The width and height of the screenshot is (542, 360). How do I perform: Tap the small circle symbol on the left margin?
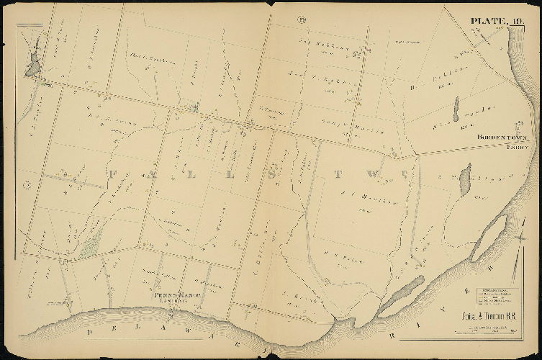click(26, 185)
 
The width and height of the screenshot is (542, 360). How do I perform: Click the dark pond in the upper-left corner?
click(32, 66)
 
